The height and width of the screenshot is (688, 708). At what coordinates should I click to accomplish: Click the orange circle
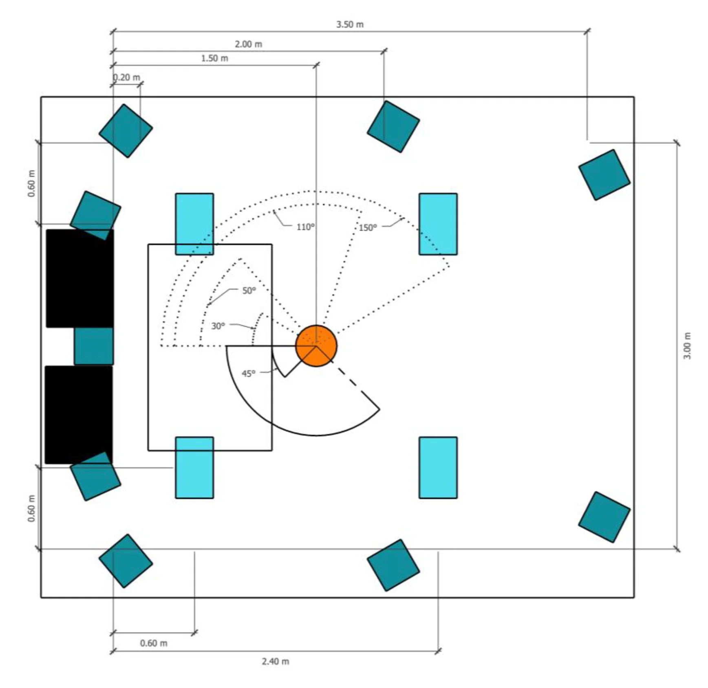[x=316, y=346]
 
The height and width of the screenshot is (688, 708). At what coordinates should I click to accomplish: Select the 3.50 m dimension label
[x=350, y=24]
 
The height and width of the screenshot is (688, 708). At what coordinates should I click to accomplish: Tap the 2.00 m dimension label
[x=248, y=44]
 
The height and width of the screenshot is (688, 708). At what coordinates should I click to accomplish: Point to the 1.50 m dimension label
[x=215, y=58]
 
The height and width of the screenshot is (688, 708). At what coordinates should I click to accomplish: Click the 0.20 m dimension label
[x=126, y=77]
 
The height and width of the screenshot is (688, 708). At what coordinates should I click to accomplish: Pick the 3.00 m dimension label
[x=687, y=345]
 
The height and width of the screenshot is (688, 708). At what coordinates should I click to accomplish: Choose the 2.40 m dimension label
[x=276, y=661]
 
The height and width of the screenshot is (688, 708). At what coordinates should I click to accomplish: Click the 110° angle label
[x=305, y=227]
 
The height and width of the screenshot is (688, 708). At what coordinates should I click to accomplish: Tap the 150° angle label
[x=368, y=228]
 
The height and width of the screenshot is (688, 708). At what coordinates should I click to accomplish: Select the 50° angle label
[x=249, y=290]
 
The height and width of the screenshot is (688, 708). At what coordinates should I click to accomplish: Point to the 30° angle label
[x=218, y=326]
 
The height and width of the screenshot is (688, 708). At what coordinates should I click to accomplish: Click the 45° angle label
[x=248, y=374]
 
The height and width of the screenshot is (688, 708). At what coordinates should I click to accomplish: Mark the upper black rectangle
[x=80, y=278]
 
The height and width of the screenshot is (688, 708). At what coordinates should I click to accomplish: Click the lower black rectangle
[x=79, y=415]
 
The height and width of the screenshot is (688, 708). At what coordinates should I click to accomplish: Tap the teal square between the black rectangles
[x=94, y=346]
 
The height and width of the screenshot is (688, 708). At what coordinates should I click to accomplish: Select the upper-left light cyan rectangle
[x=194, y=224]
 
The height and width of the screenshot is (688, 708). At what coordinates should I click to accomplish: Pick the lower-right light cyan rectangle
[x=438, y=468]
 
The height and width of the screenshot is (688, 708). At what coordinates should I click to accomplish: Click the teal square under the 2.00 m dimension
[x=393, y=127]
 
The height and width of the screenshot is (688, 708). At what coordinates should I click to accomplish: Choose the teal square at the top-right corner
[x=604, y=175]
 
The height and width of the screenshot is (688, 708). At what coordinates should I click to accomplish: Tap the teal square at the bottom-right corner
[x=604, y=517]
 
